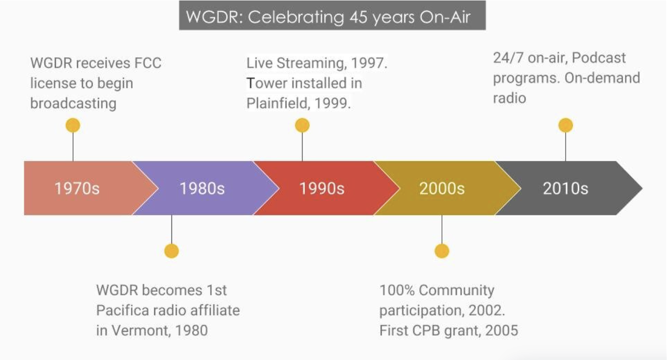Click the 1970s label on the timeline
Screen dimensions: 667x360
77,188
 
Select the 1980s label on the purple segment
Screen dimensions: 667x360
202,188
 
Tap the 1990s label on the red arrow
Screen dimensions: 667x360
322,188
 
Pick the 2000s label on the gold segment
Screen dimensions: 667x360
442,188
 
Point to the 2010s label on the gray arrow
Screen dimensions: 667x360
565,188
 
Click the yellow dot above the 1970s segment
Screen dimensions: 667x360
73,125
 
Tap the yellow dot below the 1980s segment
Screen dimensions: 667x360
172,251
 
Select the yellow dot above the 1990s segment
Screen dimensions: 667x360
302,125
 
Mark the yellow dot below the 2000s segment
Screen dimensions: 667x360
442,251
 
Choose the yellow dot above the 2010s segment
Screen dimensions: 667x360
565,125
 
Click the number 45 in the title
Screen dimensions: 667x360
358,17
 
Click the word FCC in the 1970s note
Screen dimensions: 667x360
148,63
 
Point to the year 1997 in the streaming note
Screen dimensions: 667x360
368,63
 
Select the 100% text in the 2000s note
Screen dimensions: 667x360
397,290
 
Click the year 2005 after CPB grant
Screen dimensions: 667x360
502,330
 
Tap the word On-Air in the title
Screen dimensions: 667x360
445,17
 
